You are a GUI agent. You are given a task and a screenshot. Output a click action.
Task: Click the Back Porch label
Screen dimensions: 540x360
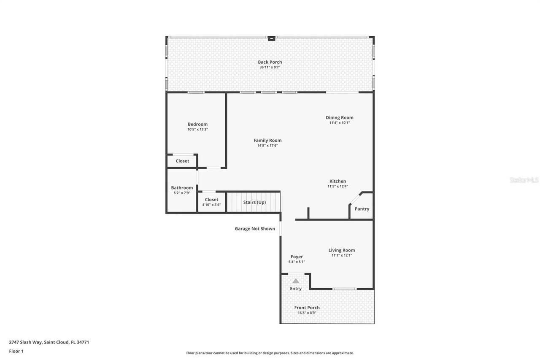[x=270, y=62]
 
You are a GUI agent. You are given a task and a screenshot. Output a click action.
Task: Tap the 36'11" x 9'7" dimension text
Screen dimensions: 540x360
[x=270, y=67]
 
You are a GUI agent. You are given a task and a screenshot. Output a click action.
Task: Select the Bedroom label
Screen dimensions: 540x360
[x=197, y=124]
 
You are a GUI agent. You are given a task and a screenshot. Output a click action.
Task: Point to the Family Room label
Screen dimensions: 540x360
[x=267, y=140]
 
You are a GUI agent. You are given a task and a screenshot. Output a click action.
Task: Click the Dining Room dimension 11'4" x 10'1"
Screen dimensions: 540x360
[x=340, y=123]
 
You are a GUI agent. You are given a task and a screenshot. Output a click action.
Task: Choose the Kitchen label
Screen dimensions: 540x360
[x=337, y=181]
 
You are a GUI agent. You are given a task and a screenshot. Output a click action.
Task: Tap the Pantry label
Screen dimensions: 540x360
[x=362, y=209]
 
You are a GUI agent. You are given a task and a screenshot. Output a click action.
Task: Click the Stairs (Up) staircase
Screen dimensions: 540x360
[x=254, y=202]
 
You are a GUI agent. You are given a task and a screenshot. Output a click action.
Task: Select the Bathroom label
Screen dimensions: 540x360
[x=182, y=188]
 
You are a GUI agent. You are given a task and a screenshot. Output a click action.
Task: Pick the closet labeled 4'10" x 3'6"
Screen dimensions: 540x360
[x=211, y=202]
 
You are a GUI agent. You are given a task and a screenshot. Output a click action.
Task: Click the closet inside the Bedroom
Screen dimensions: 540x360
[x=182, y=161]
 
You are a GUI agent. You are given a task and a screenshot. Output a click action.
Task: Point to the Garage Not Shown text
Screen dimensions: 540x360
[x=255, y=229]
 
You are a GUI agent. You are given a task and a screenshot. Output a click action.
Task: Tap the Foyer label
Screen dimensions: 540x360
[x=297, y=257]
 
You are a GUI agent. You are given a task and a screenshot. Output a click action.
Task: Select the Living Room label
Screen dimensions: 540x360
[x=342, y=250]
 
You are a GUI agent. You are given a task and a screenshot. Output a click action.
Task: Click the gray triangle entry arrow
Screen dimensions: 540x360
[x=296, y=281]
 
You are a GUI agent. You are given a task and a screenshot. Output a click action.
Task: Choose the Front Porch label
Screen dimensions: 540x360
[x=307, y=308]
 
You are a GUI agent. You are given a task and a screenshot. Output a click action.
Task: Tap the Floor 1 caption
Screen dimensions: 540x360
[x=16, y=351]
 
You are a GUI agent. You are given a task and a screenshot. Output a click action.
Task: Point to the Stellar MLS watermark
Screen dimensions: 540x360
[x=524, y=180]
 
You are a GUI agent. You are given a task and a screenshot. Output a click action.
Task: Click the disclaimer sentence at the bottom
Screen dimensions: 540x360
[x=270, y=353]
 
